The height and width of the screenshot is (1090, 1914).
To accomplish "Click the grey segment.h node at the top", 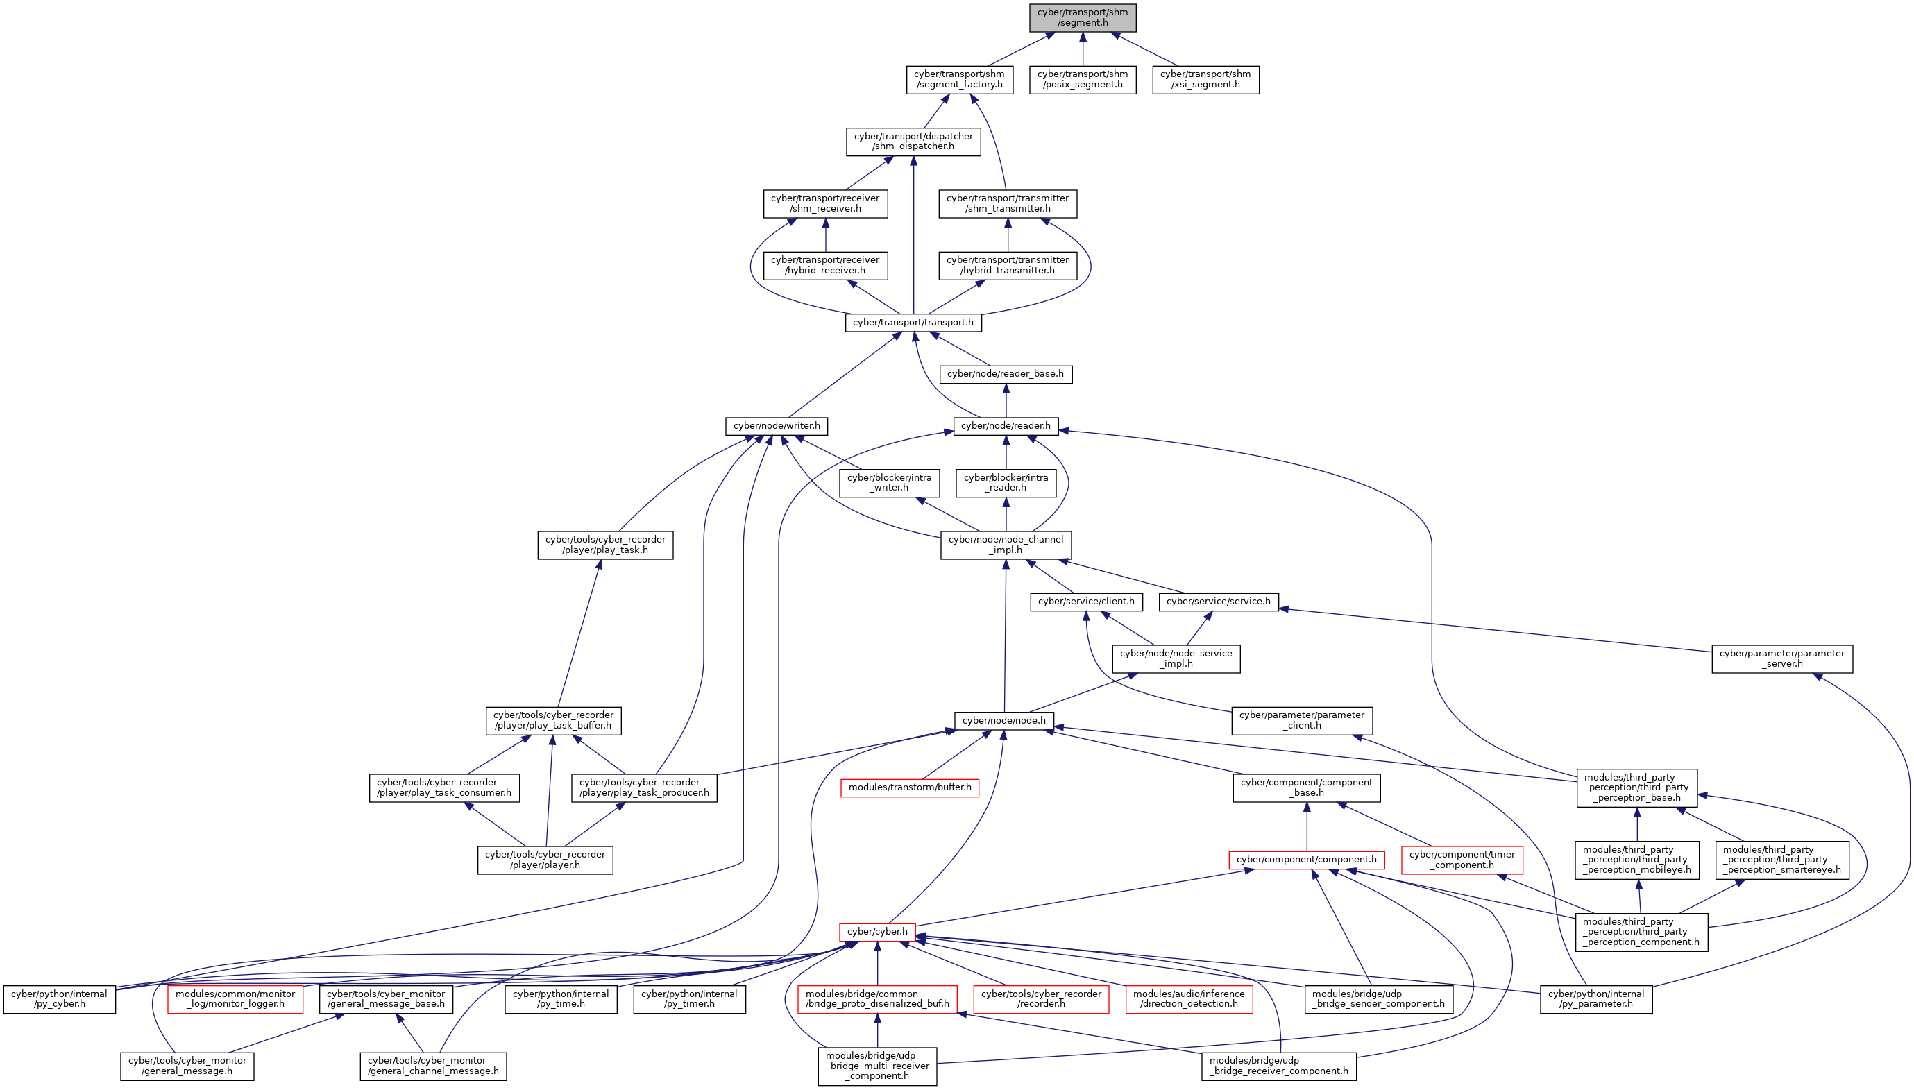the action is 1082,17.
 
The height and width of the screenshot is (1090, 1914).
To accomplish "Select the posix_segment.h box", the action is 1082,79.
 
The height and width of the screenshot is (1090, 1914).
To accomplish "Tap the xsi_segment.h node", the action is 1205,79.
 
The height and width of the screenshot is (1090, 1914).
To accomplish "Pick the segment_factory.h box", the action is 959,79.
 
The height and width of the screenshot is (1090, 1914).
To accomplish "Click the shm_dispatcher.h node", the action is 913,142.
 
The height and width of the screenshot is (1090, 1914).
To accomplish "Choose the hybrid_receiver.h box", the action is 825,266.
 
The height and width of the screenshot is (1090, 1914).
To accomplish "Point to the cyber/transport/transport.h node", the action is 913,323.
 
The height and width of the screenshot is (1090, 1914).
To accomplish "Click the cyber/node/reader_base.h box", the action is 1005,374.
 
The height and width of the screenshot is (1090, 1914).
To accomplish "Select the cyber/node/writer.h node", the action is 777,426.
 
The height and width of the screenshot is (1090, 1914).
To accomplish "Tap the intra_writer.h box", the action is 889,483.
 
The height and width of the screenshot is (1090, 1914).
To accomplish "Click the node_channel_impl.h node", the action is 1005,545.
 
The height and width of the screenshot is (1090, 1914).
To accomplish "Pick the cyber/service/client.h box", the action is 1086,602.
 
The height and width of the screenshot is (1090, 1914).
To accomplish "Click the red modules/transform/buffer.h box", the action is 909,787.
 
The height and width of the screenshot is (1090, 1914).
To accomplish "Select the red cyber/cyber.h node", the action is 877,932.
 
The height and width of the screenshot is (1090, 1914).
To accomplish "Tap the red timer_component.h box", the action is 1462,860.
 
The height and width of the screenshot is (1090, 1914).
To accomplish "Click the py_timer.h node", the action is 689,999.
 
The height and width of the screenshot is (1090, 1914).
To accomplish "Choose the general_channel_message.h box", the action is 433,1066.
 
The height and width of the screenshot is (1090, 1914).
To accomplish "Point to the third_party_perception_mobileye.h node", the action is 1636,860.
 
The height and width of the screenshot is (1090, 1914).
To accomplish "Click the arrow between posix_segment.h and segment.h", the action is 1082,49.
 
